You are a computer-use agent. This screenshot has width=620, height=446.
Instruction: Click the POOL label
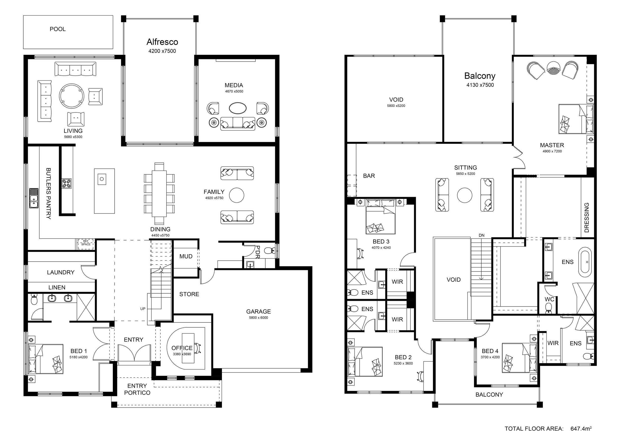tap(58, 29)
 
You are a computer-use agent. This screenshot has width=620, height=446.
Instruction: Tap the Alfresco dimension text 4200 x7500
tap(162, 51)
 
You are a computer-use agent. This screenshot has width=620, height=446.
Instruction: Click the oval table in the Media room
tap(238, 108)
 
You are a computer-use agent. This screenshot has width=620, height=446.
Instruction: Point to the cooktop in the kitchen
tap(67, 183)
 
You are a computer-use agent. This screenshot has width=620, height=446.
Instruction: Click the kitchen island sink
tap(102, 179)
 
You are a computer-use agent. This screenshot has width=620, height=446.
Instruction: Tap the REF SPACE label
tap(86, 243)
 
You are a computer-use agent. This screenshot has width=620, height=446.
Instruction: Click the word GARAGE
tap(259, 312)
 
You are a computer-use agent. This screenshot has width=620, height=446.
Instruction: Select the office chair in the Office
tap(198, 348)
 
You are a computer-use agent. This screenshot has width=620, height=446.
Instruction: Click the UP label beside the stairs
tap(143, 309)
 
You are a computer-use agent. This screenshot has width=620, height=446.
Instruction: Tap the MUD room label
tap(186, 256)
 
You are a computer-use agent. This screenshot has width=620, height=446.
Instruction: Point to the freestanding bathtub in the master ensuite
tap(585, 260)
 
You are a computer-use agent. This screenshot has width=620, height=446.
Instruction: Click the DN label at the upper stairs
tap(481, 235)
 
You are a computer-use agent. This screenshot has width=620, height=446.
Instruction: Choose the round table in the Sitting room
tap(465, 195)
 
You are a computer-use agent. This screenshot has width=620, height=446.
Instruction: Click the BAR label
tap(369, 176)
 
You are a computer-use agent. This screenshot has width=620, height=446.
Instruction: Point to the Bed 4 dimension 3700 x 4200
tap(490, 357)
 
